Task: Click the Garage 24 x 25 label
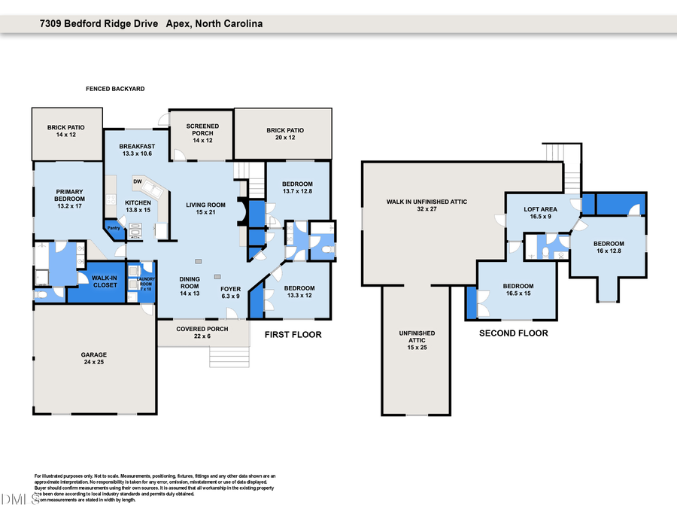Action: pyautogui.click(x=94, y=358)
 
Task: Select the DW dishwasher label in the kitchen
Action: pyautogui.click(x=138, y=181)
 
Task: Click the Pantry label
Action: pyautogui.click(x=114, y=228)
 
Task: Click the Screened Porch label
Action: pyautogui.click(x=203, y=133)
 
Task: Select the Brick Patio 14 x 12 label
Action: pyautogui.click(x=66, y=132)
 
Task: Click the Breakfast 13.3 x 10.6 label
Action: pyautogui.click(x=136, y=150)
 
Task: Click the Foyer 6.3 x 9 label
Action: pyautogui.click(x=230, y=292)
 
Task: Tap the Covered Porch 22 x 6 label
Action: pyautogui.click(x=202, y=333)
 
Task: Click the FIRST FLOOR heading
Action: pyautogui.click(x=293, y=334)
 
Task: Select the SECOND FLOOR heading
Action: pyautogui.click(x=513, y=333)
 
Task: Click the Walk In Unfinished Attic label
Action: pyautogui.click(x=422, y=205)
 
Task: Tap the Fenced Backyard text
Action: pyautogui.click(x=115, y=89)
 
